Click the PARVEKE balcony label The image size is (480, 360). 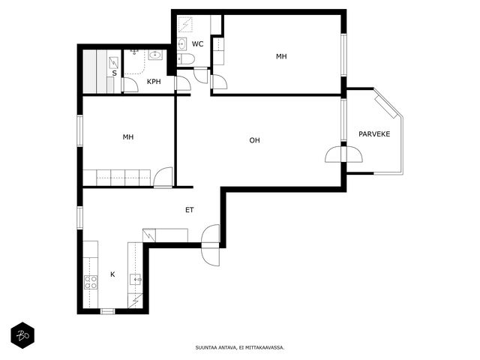coord(374,134)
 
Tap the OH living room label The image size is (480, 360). coord(254,140)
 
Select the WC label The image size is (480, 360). coord(197,44)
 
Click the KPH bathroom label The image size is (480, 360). coord(154,82)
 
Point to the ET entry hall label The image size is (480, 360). coord(190,210)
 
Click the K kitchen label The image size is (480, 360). coord(112,274)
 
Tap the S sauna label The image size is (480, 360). coord(114,73)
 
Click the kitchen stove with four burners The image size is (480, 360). coord(91,282)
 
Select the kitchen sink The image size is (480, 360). coord(135,279)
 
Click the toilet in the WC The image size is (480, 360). coord(186,58)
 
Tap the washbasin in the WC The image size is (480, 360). coord(181,44)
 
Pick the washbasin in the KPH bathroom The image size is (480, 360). coord(155,55)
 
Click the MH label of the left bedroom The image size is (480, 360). coord(128,137)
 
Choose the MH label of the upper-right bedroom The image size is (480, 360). coord(281,57)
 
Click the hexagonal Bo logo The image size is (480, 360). coord(22,335)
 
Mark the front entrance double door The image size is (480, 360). coord(211,245)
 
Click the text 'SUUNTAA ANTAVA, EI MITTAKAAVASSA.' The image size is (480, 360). coord(240,347)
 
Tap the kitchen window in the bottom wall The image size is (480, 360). coord(108,311)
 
